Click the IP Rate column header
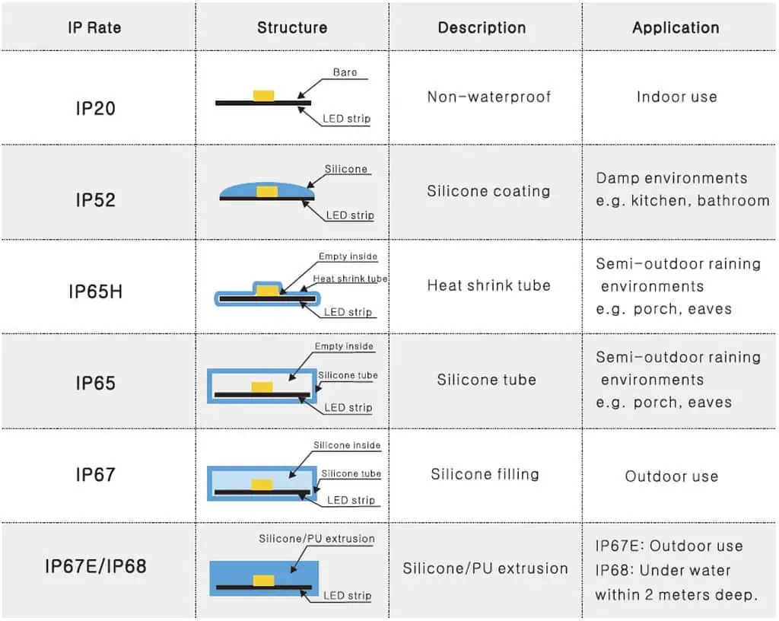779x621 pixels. click(x=94, y=28)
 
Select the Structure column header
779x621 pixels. click(x=292, y=28)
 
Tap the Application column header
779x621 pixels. click(x=676, y=28)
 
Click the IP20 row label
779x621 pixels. click(x=95, y=108)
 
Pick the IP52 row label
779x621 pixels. click(x=95, y=200)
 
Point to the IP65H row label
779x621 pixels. click(x=95, y=291)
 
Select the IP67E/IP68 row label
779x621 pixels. click(x=95, y=566)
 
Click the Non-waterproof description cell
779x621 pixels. click(x=488, y=97)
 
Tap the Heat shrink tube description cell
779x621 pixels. click(x=488, y=285)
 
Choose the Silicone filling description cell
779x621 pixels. click(x=485, y=474)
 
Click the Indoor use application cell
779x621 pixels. click(x=676, y=97)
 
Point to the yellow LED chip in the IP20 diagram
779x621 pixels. click(x=264, y=95)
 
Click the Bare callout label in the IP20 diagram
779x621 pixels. click(x=345, y=73)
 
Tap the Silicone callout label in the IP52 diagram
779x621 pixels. click(x=346, y=169)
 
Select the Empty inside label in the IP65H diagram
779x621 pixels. click(x=348, y=257)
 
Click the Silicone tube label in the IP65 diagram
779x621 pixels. click(x=348, y=375)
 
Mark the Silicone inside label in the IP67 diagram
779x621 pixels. click(x=347, y=445)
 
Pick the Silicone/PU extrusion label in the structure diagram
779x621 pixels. click(x=316, y=539)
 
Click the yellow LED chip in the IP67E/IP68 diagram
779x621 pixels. click(x=264, y=581)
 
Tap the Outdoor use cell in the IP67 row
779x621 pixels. click(x=671, y=476)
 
